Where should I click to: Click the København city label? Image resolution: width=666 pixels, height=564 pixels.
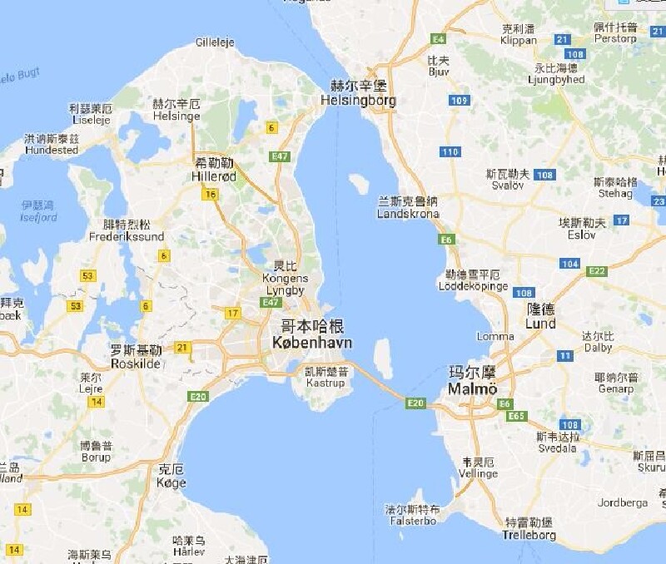point(312,342)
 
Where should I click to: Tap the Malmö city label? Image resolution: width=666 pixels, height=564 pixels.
point(472,389)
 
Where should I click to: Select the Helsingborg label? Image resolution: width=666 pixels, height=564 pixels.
point(359,101)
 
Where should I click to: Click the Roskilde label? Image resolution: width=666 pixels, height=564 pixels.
point(135,364)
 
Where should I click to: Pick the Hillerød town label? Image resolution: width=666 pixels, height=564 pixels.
point(215,177)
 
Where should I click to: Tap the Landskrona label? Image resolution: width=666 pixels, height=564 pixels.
point(408,214)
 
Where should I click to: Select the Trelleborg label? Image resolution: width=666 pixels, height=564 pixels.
point(529,535)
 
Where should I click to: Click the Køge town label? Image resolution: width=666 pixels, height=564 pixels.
point(171,482)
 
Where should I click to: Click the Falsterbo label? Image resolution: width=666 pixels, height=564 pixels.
point(411,521)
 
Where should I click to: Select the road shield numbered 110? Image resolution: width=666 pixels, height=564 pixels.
point(450,151)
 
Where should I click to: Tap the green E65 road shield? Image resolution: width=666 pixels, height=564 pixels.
point(516,415)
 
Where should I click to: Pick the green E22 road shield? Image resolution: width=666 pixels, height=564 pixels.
point(596,271)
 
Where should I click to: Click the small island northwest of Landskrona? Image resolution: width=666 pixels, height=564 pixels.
point(359,182)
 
